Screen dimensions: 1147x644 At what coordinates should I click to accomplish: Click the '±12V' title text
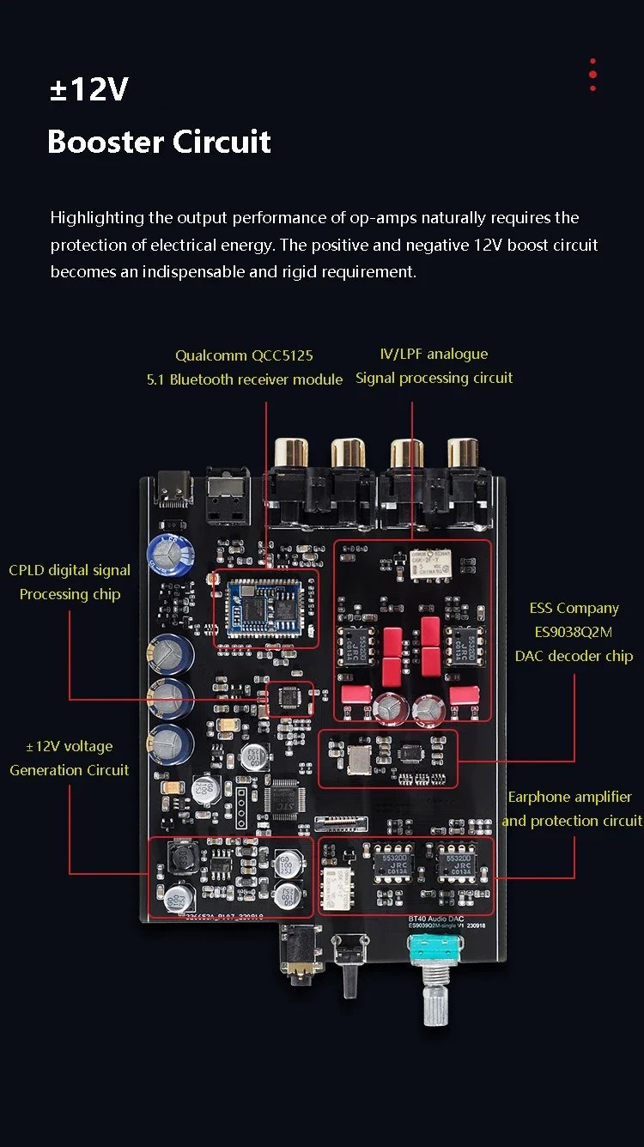(88, 89)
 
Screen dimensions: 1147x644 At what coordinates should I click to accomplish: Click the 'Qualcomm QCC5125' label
(244, 355)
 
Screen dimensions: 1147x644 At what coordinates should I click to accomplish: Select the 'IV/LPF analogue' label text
(434, 354)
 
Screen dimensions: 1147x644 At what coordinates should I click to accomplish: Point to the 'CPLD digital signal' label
(70, 570)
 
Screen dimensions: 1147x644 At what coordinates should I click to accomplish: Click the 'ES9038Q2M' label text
(574, 632)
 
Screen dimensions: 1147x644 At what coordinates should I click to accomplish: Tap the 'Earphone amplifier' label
(569, 797)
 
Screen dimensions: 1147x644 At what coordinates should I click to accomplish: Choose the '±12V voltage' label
(70, 746)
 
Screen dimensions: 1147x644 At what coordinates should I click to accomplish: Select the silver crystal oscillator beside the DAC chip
(355, 757)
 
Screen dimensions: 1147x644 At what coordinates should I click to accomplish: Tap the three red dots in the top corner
(592, 75)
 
